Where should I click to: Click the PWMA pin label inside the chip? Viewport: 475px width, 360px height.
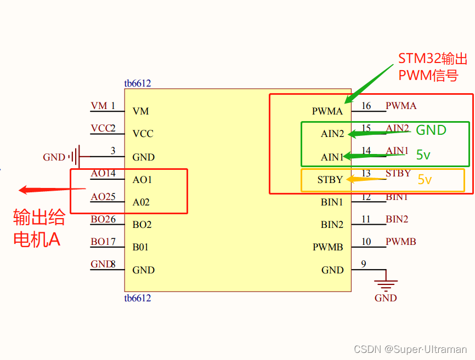coord(327,111)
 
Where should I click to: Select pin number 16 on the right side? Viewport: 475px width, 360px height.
coord(366,106)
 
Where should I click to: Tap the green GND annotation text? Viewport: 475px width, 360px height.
coord(431,130)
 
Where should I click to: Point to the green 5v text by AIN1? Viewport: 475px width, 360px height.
coord(423,155)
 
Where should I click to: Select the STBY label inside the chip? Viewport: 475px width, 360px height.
coord(330,180)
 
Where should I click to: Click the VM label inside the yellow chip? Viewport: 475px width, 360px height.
coord(140,111)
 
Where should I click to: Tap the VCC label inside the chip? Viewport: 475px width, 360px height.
coord(143,134)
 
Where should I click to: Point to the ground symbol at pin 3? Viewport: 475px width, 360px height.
coord(75,157)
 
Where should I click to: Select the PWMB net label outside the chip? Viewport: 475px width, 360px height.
coord(400,242)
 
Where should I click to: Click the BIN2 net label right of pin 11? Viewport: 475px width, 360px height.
coord(397,219)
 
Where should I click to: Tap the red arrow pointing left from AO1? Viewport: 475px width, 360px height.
coord(52,190)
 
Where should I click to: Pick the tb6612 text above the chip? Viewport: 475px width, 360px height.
coord(137,84)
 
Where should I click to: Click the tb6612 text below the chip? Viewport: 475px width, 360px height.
coord(137,298)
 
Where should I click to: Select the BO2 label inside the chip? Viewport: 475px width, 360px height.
coord(142,225)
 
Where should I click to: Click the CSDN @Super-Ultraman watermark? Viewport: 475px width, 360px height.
coord(410,349)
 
